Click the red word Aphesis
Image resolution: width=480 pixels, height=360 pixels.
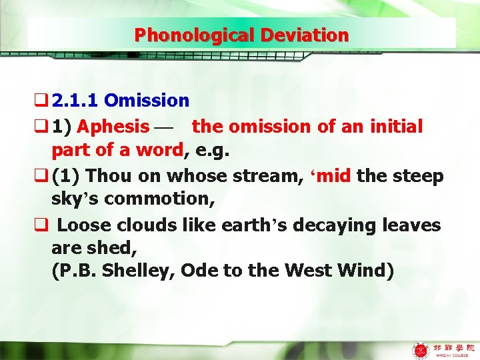[x=117, y=126]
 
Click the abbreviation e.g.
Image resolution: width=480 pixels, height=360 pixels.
[x=211, y=151]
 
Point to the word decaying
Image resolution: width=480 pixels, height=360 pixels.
[x=342, y=225]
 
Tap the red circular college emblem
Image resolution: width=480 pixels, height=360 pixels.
[x=421, y=349]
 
